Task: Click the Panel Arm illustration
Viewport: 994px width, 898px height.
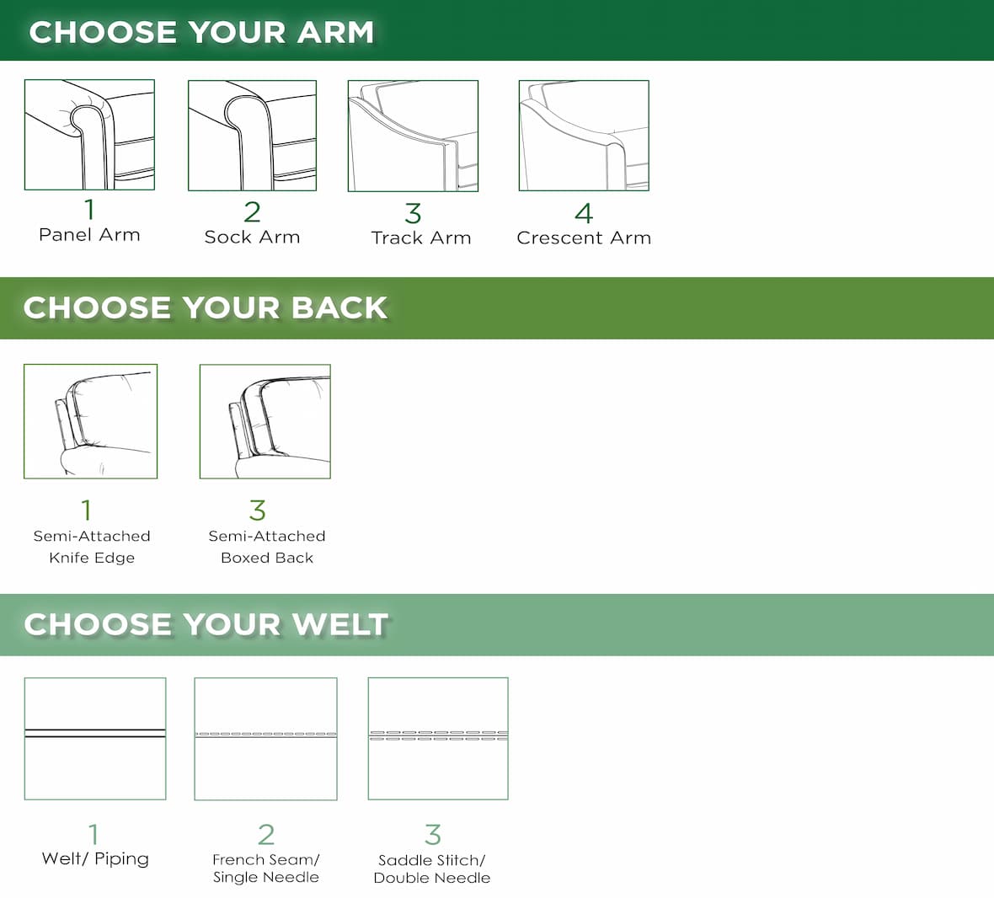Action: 89,134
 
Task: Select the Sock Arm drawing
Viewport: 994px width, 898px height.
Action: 253,135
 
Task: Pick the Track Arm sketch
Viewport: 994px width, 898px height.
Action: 414,136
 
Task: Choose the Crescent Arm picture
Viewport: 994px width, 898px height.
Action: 584,136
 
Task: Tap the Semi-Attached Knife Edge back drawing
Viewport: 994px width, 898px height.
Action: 91,421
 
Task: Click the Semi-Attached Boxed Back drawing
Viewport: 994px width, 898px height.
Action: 265,421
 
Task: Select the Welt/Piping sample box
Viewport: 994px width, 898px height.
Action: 95,738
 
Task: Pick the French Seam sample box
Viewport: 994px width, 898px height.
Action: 265,739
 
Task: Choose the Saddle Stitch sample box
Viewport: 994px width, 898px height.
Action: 438,738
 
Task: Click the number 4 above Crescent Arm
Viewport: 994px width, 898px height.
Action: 584,213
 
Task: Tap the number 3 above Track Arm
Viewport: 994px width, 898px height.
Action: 414,214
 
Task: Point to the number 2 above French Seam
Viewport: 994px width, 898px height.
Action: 266,835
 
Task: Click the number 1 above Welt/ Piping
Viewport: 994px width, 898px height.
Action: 94,835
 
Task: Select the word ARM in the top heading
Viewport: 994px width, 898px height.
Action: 335,32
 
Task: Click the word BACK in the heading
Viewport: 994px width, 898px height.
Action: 339,308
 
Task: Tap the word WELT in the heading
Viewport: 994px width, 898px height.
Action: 341,624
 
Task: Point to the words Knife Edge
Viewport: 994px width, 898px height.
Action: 92,558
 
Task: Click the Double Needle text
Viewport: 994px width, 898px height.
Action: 431,878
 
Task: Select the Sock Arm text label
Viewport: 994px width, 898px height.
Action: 253,237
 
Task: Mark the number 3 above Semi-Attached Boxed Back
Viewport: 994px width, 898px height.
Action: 258,510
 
